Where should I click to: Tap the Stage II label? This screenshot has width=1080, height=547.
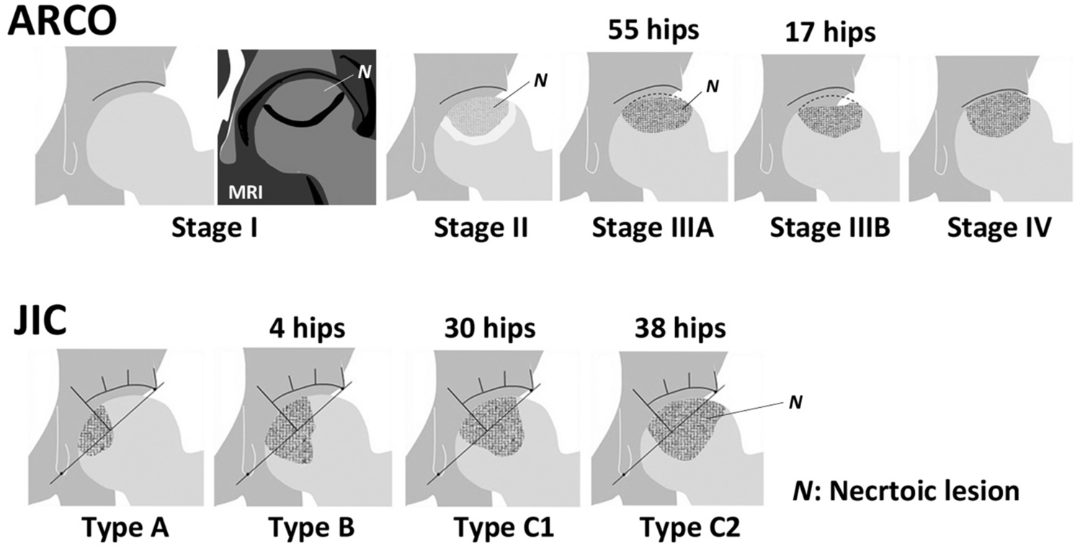[483, 230]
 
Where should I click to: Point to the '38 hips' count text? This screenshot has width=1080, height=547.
[680, 328]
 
